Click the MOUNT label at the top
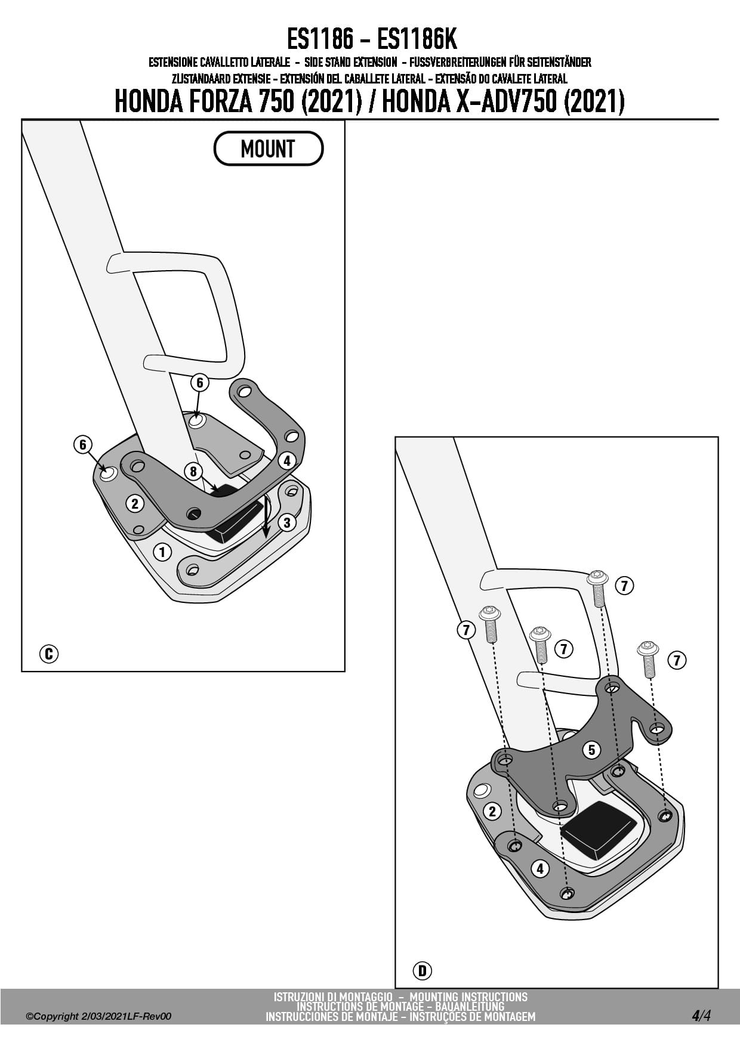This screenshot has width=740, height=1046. pyautogui.click(x=268, y=148)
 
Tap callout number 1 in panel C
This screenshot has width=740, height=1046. pyautogui.click(x=162, y=552)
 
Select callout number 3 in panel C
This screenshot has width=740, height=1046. pyautogui.click(x=287, y=522)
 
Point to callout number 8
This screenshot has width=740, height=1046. pyautogui.click(x=193, y=472)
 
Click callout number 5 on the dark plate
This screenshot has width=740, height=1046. pyautogui.click(x=591, y=750)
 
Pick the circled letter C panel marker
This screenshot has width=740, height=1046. pyautogui.click(x=49, y=654)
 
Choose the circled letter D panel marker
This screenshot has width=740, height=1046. pyautogui.click(x=422, y=971)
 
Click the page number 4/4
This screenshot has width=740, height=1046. pyautogui.click(x=701, y=1015)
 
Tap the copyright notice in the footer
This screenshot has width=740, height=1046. pyautogui.click(x=98, y=1016)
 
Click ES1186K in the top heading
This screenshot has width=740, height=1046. pyautogui.click(x=417, y=40)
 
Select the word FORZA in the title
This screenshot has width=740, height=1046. pyautogui.click(x=221, y=101)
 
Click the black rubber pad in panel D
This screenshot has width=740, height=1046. pyautogui.click(x=599, y=830)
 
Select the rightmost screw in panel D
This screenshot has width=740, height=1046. pyautogui.click(x=648, y=658)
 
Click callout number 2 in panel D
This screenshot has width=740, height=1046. pyautogui.click(x=492, y=811)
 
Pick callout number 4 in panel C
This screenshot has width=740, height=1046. pyautogui.click(x=287, y=460)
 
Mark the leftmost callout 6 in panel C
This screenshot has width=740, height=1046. pyautogui.click(x=83, y=444)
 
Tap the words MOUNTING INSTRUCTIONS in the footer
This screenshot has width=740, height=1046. pyautogui.click(x=468, y=997)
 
